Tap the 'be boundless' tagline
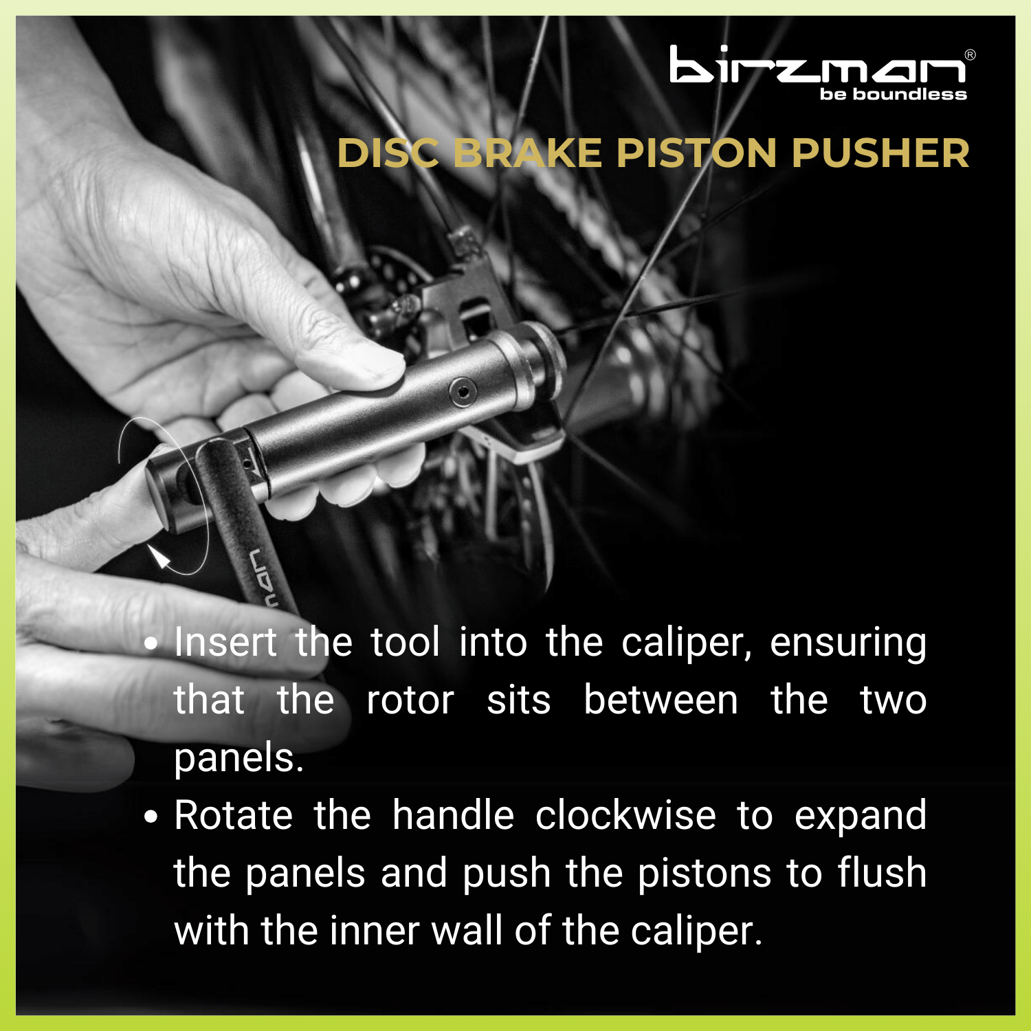pyautogui.click(x=893, y=94)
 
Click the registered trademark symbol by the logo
pyautogui.click(x=970, y=55)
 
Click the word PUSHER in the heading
pyautogui.click(x=880, y=153)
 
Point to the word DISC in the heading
pyautogui.click(x=388, y=153)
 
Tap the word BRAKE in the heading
pyautogui.click(x=527, y=153)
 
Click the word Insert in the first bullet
pyautogui.click(x=225, y=642)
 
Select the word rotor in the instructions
pyautogui.click(x=410, y=700)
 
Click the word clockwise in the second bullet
pyautogui.click(x=625, y=815)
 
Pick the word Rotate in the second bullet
pyautogui.click(x=234, y=815)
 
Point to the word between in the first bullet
pyautogui.click(x=661, y=700)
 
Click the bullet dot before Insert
pyautogui.click(x=151, y=645)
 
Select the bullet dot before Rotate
pyautogui.click(x=151, y=817)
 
